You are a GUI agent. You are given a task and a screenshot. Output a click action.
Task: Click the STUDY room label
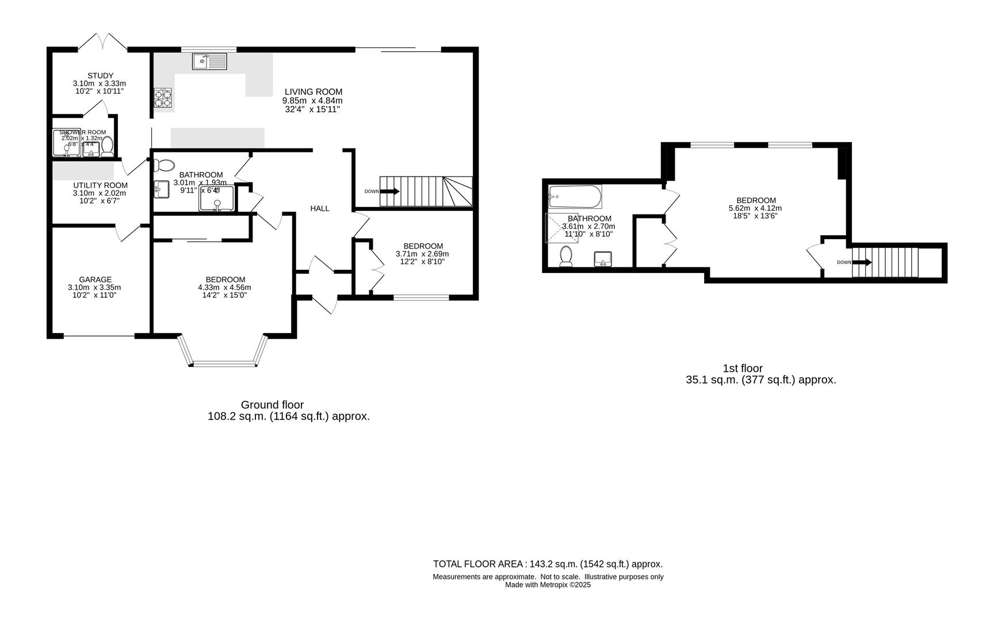click(100, 75)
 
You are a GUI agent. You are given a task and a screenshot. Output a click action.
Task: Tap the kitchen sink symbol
click(210, 61)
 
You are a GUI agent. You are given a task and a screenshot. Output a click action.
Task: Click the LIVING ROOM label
click(313, 91)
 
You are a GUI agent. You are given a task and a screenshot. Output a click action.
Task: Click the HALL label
click(320, 208)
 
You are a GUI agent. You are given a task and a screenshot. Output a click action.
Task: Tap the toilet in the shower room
click(107, 147)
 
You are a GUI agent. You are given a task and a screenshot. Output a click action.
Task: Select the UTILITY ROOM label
click(100, 185)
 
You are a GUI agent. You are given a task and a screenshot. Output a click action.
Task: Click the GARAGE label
click(95, 279)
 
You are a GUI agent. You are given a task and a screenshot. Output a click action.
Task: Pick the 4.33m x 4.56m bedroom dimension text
click(224, 287)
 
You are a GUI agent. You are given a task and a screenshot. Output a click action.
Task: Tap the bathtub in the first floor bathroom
click(575, 197)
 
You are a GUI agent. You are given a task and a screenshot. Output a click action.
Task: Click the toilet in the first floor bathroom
click(566, 256)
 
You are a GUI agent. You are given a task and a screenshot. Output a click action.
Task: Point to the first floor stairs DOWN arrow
click(861, 263)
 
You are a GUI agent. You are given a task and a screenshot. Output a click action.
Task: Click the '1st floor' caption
click(742, 368)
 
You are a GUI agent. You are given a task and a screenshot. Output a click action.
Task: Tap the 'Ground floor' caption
click(272, 405)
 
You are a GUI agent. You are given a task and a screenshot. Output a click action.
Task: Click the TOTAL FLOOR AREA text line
click(547, 564)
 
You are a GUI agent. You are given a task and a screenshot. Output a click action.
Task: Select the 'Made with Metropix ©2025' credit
click(547, 585)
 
